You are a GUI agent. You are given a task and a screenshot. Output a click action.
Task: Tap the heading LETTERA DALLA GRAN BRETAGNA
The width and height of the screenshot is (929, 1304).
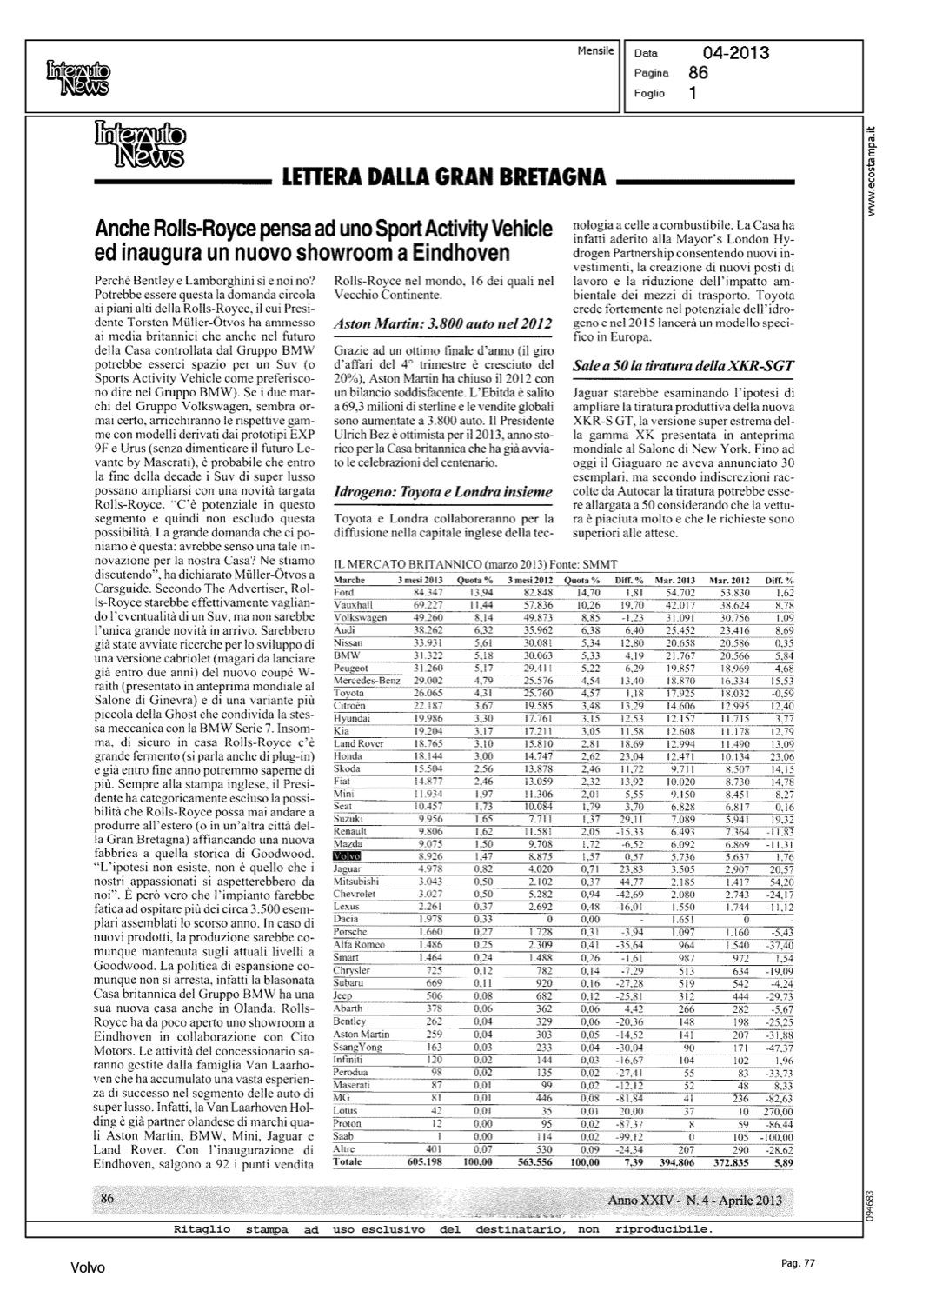point(444,177)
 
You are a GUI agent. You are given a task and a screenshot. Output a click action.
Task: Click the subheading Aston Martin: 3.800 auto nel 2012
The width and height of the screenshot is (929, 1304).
point(443,324)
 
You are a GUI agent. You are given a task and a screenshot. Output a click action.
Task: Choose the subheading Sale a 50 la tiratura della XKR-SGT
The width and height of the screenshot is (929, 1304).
point(682,366)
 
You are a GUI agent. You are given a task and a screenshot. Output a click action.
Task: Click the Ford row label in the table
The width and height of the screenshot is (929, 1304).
point(344,592)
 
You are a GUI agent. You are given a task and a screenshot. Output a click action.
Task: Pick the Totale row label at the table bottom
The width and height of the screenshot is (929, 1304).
point(349,1161)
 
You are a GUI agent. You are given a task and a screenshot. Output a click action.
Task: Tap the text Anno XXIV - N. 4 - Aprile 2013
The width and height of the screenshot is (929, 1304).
point(694,1201)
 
